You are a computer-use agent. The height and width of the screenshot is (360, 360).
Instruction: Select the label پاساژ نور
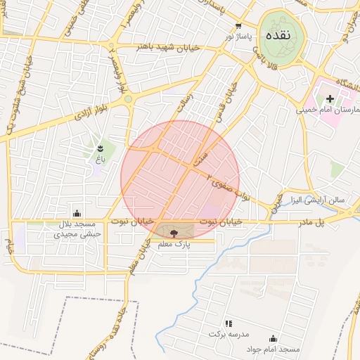238,35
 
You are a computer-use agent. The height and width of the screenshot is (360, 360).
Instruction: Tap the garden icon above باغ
99,148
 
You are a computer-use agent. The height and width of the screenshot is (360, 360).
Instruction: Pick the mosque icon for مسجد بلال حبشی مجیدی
77,213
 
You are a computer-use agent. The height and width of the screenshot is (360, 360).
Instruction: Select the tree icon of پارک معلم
174,231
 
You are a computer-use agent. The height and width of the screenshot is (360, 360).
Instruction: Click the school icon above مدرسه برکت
228,323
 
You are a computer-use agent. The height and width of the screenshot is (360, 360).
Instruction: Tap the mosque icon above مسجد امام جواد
273,338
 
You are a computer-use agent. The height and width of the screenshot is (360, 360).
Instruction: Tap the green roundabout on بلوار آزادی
128,100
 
